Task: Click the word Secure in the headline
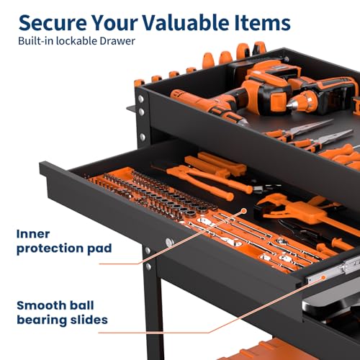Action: click(53, 23)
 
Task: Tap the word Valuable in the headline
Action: click(186, 22)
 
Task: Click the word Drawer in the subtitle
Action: click(117, 41)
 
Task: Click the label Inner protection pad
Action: click(64, 242)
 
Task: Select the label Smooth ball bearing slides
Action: click(62, 313)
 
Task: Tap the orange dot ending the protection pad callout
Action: click(244, 211)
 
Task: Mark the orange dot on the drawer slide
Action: click(323, 278)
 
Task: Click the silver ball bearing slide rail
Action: click(333, 271)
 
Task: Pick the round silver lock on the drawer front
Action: click(169, 243)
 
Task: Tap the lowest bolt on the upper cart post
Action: click(143, 137)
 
